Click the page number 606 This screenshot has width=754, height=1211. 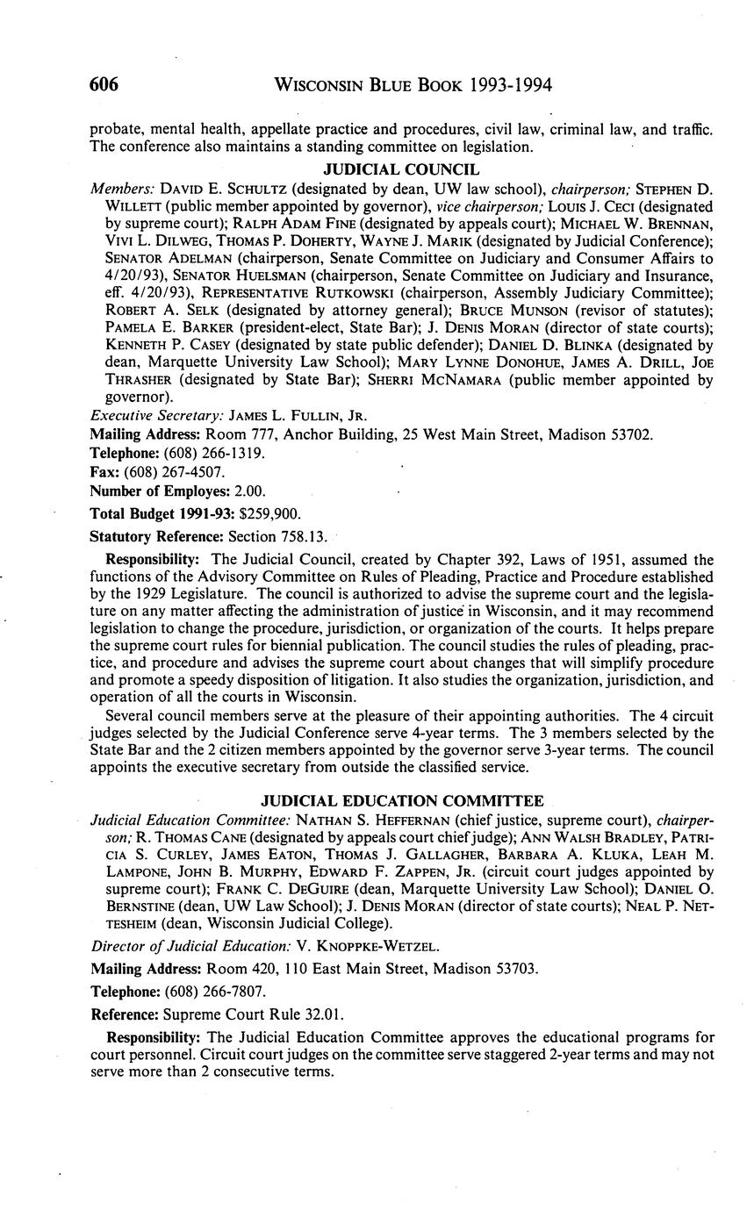pyautogui.click(x=104, y=85)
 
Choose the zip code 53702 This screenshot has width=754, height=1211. pyautogui.click(x=632, y=434)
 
